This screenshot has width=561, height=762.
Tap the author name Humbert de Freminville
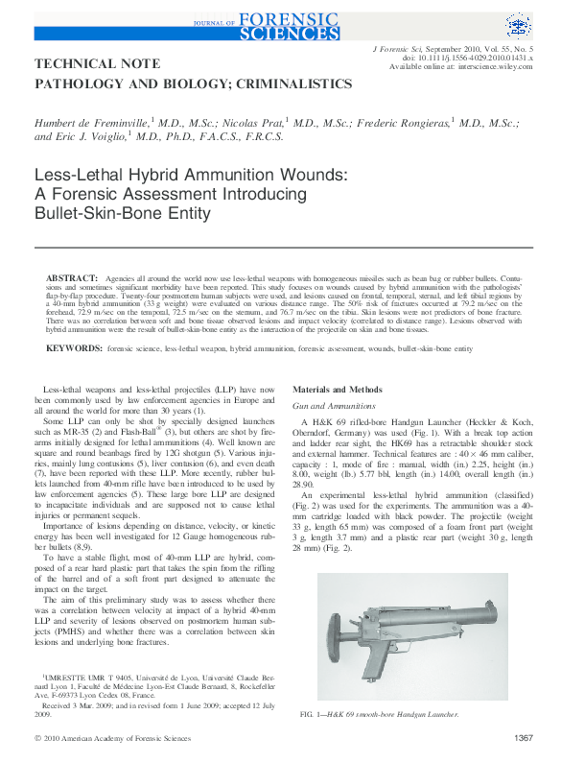91,123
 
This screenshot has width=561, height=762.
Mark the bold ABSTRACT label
72,277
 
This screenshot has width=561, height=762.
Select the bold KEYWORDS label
75,349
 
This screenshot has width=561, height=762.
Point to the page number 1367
523,737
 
